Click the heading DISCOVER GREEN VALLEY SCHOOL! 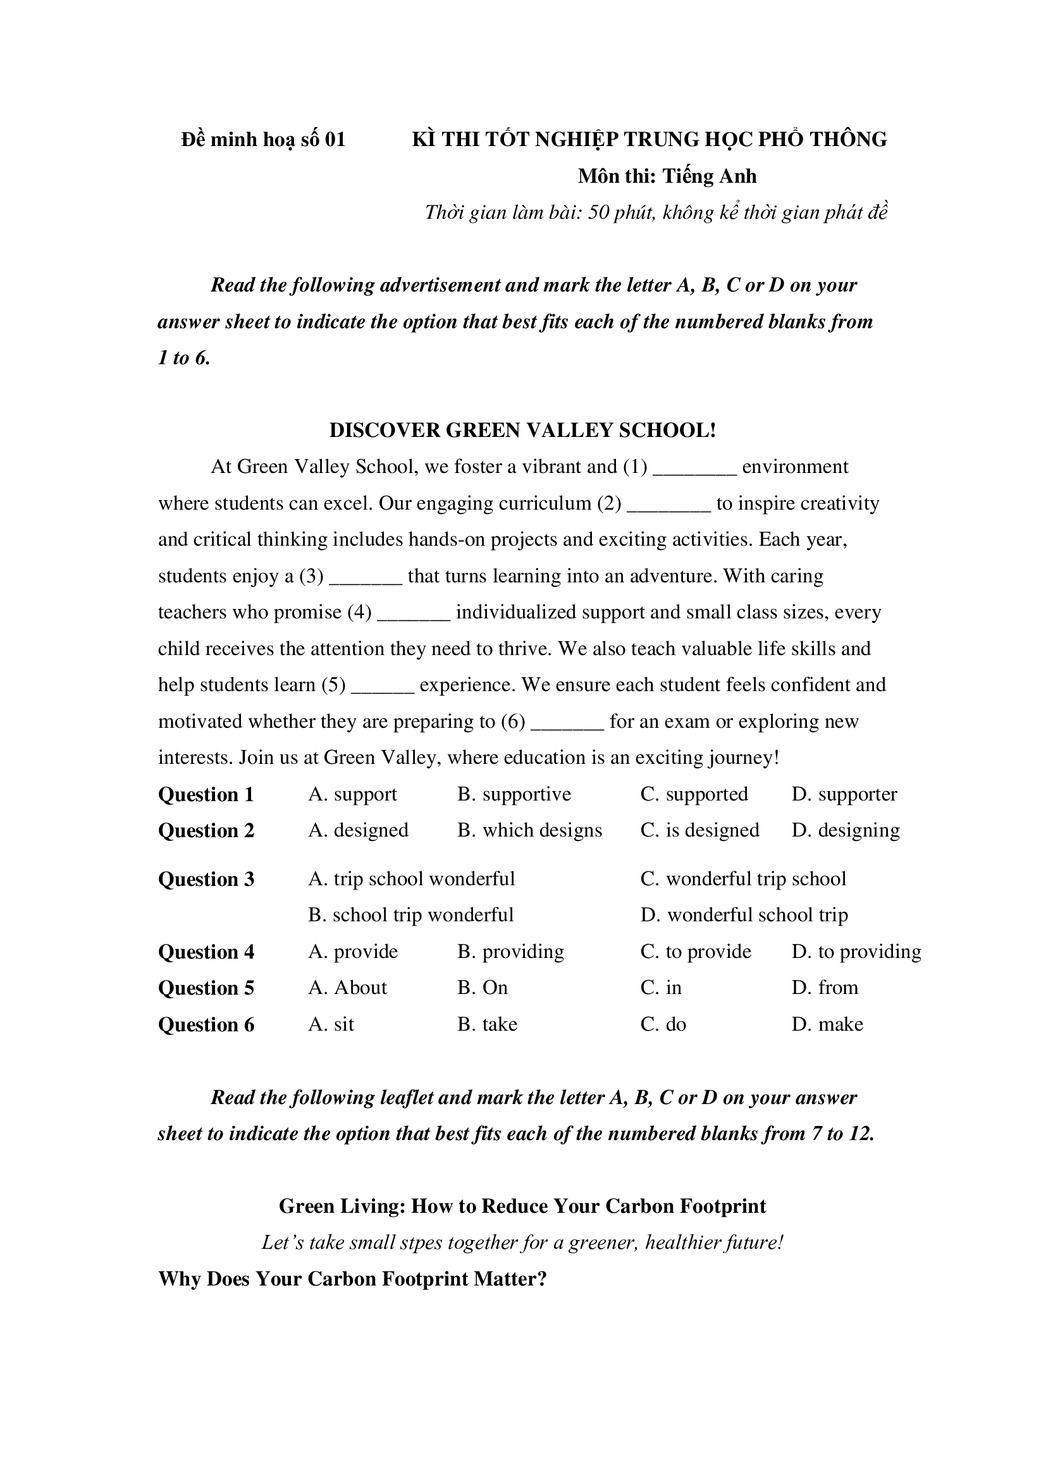click(522, 431)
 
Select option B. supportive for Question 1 click(514, 794)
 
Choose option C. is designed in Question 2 click(699, 830)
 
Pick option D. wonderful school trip click(744, 915)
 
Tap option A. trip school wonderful click(411, 879)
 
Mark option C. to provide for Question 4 click(696, 952)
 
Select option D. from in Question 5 click(825, 988)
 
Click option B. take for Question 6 click(487, 1024)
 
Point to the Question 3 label click(206, 880)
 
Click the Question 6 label click(206, 1025)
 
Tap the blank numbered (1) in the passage click(694, 469)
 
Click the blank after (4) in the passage click(413, 615)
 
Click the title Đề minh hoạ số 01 click(264, 140)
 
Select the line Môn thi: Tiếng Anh click(667, 176)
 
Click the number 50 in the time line click(598, 212)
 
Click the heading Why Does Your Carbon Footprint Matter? click(352, 1279)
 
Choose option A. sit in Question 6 click(331, 1024)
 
